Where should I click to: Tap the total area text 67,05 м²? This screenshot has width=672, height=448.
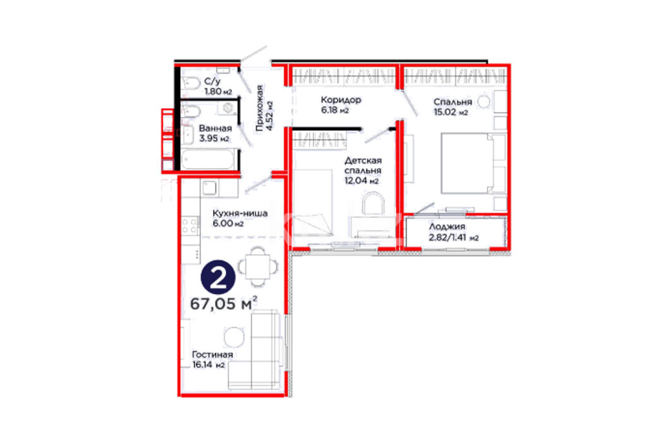[224, 303]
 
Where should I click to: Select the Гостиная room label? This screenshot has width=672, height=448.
[212, 354]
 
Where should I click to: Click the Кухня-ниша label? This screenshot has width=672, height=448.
[240, 213]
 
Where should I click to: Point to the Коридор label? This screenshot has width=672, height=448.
[341, 100]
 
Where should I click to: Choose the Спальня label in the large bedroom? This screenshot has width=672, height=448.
[453, 102]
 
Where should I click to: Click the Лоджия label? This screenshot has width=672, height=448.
[447, 227]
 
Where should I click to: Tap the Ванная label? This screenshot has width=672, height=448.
[215, 128]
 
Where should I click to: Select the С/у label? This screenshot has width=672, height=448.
[212, 82]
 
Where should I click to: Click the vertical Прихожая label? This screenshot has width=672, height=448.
[260, 108]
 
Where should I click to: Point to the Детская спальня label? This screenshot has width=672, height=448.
[363, 166]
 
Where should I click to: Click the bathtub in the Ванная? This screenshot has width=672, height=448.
[208, 159]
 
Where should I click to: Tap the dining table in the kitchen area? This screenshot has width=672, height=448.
[257, 267]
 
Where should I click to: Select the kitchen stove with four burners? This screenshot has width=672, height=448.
[190, 226]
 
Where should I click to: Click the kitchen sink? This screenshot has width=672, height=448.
[210, 188]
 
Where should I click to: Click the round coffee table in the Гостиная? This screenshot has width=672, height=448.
[234, 337]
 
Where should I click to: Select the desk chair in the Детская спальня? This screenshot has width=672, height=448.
[373, 203]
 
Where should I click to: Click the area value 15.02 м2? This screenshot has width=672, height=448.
[451, 112]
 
